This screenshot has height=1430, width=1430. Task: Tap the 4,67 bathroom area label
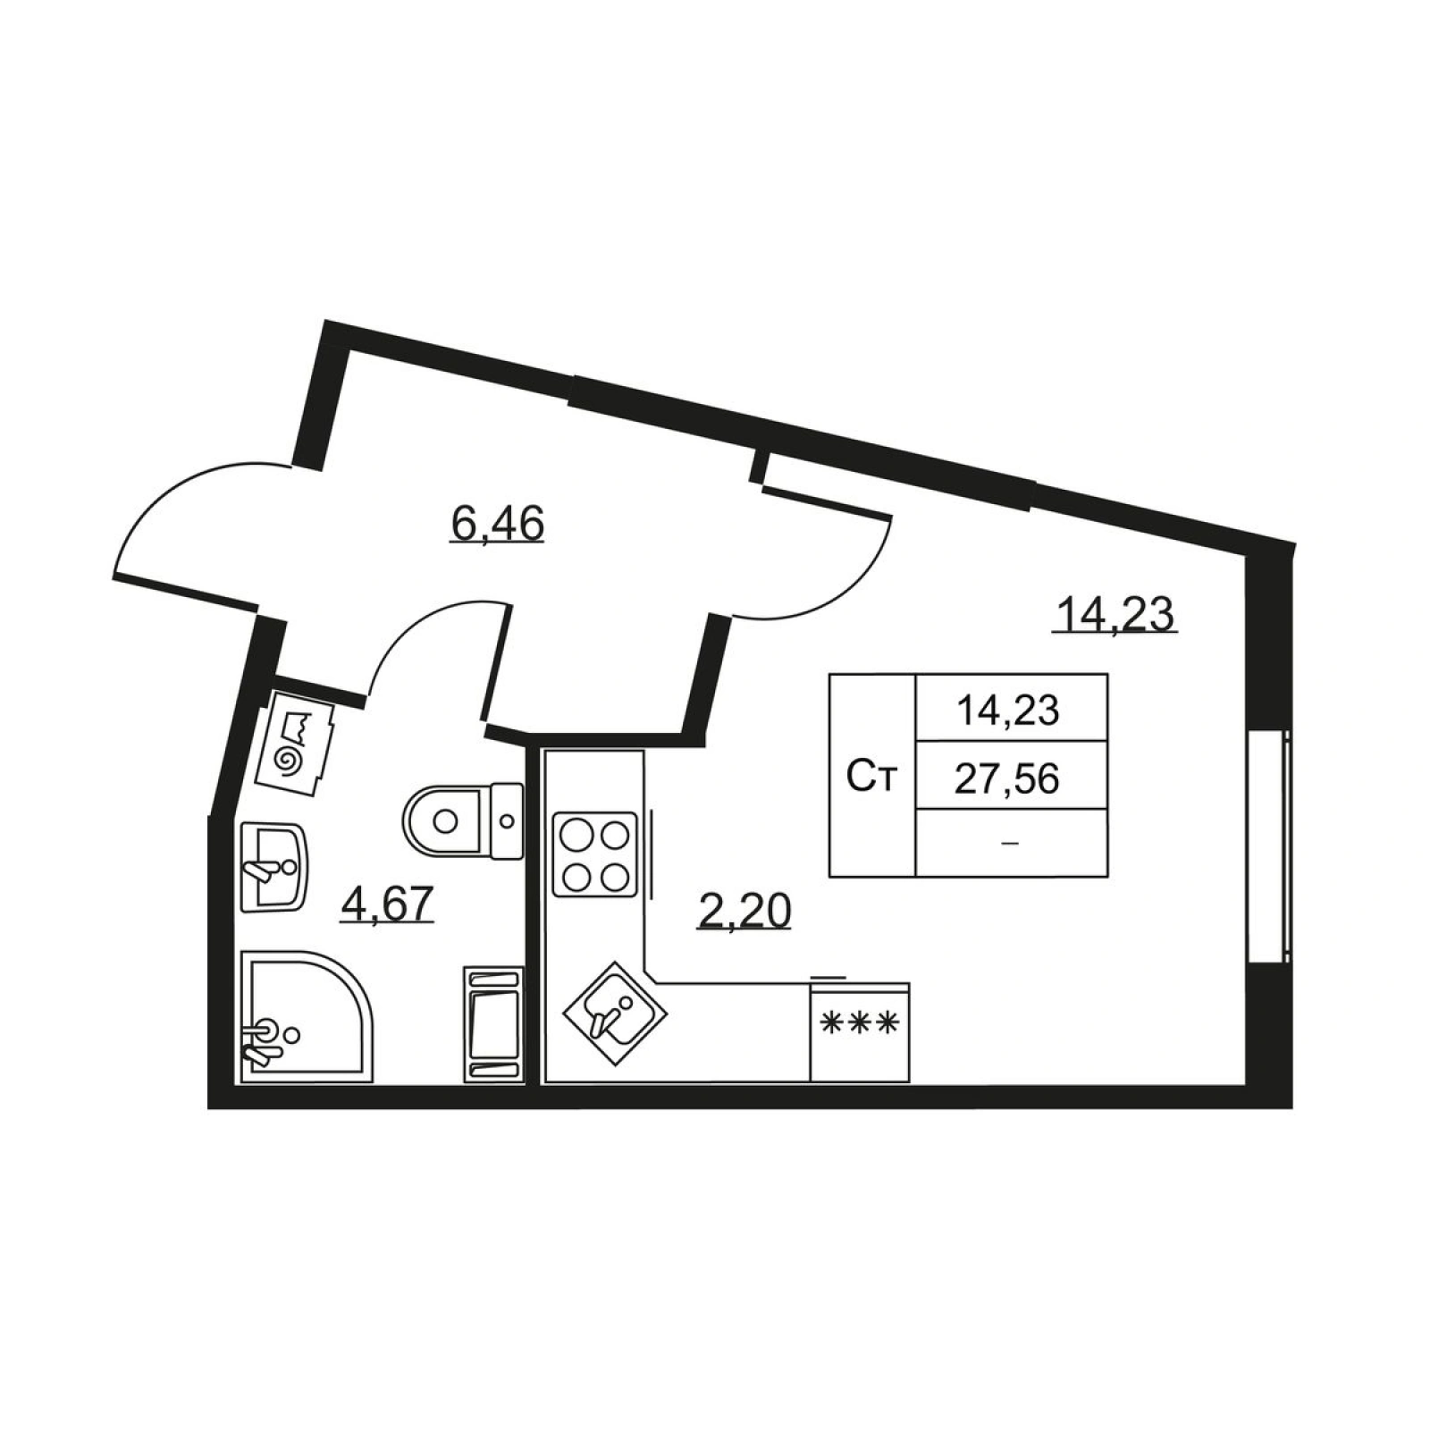pyautogui.click(x=388, y=904)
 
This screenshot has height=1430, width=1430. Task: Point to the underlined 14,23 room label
pyautogui.click(x=1115, y=614)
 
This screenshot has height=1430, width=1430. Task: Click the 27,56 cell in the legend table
pyautogui.click(x=1006, y=779)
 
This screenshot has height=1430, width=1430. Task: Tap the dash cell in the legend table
pyautogui.click(x=1011, y=843)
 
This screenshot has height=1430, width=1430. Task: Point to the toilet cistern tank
pyautogui.click(x=508, y=820)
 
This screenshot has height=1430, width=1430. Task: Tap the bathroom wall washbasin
pyautogui.click(x=273, y=867)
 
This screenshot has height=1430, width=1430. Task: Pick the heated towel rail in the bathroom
pyautogui.click(x=492, y=1024)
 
